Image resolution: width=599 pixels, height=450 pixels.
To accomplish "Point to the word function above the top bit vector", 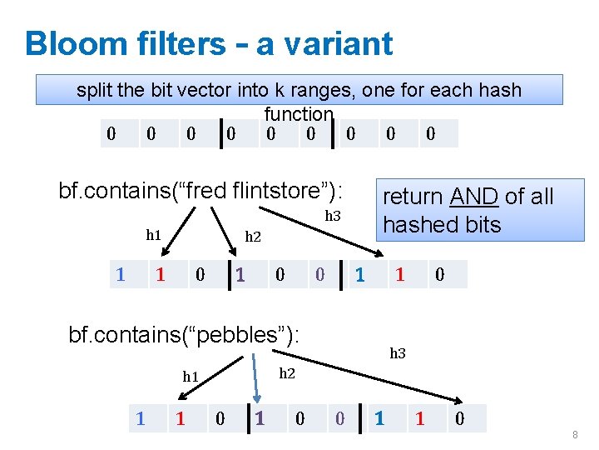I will point(299,114).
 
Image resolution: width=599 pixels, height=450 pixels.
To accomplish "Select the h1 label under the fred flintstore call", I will point(154,235).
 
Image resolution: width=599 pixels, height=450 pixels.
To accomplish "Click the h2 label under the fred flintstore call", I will point(253,237).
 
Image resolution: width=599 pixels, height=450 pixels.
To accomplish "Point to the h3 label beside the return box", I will point(333,216).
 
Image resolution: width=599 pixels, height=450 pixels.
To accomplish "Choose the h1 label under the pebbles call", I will point(191,377).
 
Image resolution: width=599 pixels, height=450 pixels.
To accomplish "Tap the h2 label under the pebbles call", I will point(287,373).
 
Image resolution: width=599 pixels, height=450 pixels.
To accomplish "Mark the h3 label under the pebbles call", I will point(398,353).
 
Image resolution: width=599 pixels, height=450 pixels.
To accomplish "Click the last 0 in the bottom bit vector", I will point(459,418).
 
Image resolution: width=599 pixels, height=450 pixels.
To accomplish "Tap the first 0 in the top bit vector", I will point(111,133).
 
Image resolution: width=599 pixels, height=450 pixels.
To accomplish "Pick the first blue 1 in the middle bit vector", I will point(121,274).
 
